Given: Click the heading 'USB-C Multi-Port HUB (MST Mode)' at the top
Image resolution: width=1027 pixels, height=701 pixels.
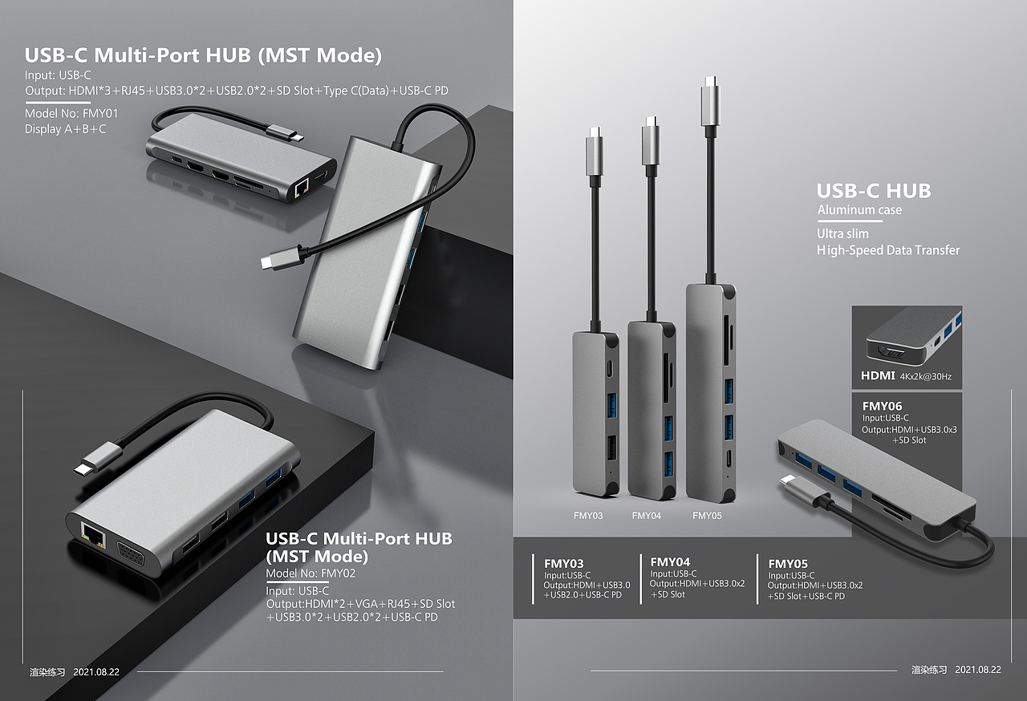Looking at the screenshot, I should point(203,55).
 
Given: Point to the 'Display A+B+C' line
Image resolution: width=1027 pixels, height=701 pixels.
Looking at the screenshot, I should point(65,128).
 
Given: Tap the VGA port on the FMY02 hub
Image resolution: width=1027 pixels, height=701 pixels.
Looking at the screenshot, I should point(132,556).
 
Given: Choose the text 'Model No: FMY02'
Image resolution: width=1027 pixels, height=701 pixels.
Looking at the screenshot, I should point(311,573).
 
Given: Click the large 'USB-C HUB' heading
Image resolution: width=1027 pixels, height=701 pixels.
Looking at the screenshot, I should point(874,191).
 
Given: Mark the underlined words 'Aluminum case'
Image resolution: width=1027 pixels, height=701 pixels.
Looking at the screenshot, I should point(859,210).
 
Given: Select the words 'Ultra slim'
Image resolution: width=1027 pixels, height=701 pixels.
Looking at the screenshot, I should point(842,233).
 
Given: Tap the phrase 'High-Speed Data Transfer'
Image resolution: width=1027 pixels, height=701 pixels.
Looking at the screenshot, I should point(887,250).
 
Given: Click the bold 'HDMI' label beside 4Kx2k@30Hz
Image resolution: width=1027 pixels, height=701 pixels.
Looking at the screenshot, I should point(877,375).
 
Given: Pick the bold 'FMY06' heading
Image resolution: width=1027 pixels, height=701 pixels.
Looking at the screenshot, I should point(882,406).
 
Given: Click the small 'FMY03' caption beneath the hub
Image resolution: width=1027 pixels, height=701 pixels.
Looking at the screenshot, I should point(588,516).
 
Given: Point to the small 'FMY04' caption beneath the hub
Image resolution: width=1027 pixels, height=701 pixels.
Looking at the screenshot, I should point(646,516).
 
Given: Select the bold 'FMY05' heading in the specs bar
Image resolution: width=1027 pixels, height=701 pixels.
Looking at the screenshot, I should point(788,563).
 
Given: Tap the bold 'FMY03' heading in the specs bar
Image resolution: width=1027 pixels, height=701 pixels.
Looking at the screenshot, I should point(564,563).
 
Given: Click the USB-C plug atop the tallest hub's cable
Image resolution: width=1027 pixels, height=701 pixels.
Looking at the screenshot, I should point(710,101).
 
